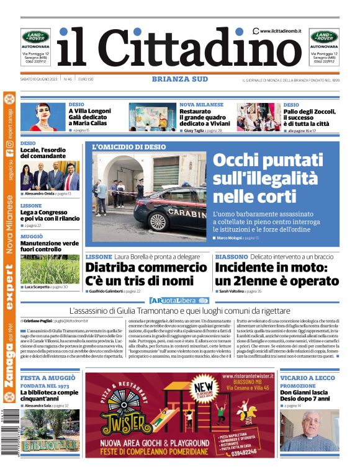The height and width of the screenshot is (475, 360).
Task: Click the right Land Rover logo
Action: pos(324,36)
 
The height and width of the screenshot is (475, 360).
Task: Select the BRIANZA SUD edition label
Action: pos(180,79)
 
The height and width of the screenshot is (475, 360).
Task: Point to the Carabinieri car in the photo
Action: pos(171,214)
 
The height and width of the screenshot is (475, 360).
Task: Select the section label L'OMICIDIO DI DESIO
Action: pos(129,147)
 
